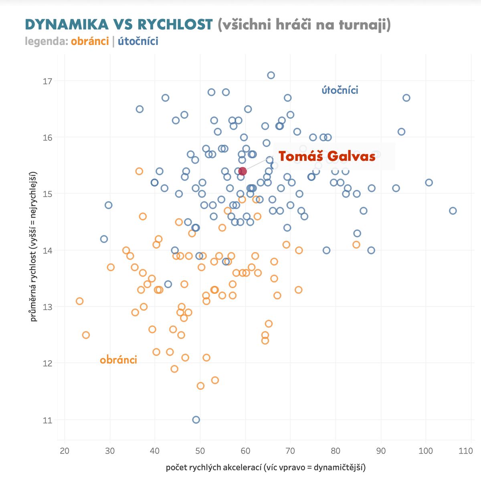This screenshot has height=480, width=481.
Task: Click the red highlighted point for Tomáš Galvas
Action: click(243, 171)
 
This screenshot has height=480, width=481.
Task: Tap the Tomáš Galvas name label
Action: click(327, 156)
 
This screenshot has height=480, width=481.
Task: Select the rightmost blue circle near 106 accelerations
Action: click(453, 211)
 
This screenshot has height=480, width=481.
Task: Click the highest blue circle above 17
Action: click(271, 75)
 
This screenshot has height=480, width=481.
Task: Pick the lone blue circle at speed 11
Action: click(196, 420)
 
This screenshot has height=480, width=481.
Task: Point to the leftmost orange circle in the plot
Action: click(79, 301)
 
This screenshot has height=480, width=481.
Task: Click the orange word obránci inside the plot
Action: click(118, 360)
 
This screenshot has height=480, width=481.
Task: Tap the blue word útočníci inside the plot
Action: click(340, 90)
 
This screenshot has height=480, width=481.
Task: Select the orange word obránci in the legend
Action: click(90, 41)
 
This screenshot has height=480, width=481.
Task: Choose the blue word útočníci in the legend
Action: click(138, 41)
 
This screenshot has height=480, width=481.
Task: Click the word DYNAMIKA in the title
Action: click(67, 24)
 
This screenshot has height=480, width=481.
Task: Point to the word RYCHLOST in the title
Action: click(175, 24)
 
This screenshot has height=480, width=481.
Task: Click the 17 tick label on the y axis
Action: click(48, 81)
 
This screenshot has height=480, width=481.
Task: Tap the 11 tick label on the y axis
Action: click(48, 420)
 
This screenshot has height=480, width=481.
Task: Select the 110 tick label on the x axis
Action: click(466, 451)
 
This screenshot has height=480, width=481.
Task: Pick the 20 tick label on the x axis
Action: click(65, 451)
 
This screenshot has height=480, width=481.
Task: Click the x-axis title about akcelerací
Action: click(265, 468)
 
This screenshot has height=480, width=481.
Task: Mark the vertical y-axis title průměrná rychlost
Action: click(34, 246)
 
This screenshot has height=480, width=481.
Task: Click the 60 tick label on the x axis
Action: click(245, 451)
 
